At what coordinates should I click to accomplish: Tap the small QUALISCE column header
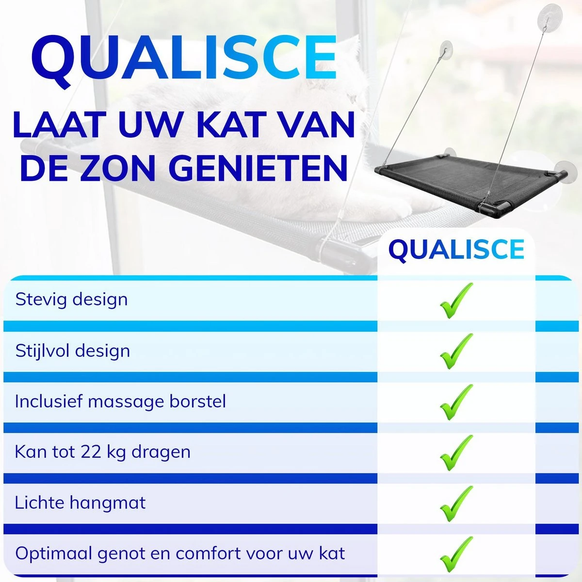[456, 250]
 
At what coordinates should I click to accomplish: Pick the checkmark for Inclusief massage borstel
[455, 402]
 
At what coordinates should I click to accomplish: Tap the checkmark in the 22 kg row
[455, 453]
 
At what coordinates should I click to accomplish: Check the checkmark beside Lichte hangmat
[455, 503]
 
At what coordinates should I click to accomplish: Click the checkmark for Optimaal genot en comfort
[455, 554]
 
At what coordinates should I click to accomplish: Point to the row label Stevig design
[71, 299]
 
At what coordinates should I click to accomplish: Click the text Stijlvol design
[73, 351]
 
